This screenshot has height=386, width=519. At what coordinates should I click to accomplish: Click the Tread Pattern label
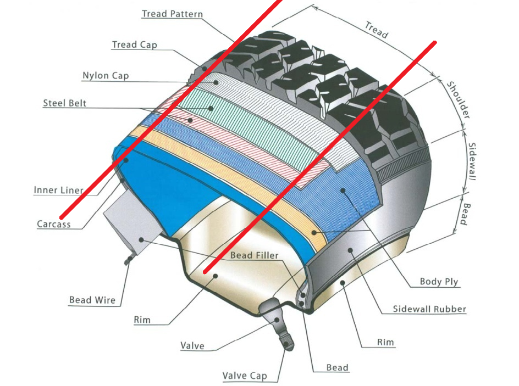pyautogui.click(x=172, y=14)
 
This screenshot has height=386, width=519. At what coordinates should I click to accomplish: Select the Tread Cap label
pyautogui.click(x=134, y=44)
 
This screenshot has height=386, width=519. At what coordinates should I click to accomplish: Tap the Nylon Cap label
pyautogui.click(x=106, y=76)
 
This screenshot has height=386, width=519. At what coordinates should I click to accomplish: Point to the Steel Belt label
pyautogui.click(x=64, y=103)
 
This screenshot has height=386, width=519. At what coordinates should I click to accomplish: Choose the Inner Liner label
pyautogui.click(x=59, y=190)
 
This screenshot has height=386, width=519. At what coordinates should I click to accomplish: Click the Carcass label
pyautogui.click(x=54, y=224)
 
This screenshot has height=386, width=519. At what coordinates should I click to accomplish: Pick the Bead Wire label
pyautogui.click(x=92, y=300)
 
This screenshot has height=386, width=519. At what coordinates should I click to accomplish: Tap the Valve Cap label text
pyautogui.click(x=245, y=376)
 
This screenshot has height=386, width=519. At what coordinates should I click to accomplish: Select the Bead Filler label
pyautogui.click(x=254, y=255)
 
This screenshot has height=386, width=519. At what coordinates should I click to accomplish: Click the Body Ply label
pyautogui.click(x=439, y=282)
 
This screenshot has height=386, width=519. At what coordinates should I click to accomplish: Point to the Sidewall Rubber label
pyautogui.click(x=429, y=309)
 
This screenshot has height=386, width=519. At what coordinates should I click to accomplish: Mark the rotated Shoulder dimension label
pyautogui.click(x=459, y=100)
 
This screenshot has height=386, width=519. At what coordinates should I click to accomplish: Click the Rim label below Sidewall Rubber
pyautogui.click(x=385, y=342)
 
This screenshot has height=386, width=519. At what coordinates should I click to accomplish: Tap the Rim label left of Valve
pyautogui.click(x=142, y=320)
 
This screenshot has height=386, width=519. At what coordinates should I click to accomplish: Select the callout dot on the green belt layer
pyautogui.click(x=211, y=108)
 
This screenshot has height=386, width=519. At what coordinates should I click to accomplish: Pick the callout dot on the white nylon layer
pyautogui.click(x=216, y=82)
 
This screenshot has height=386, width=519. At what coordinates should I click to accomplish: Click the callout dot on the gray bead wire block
pyautogui.click(x=141, y=239)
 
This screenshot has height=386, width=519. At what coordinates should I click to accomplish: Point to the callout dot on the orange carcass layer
pyautogui.click(x=314, y=233)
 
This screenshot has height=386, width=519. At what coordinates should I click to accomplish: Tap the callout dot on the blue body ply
pyautogui.click(x=343, y=191)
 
